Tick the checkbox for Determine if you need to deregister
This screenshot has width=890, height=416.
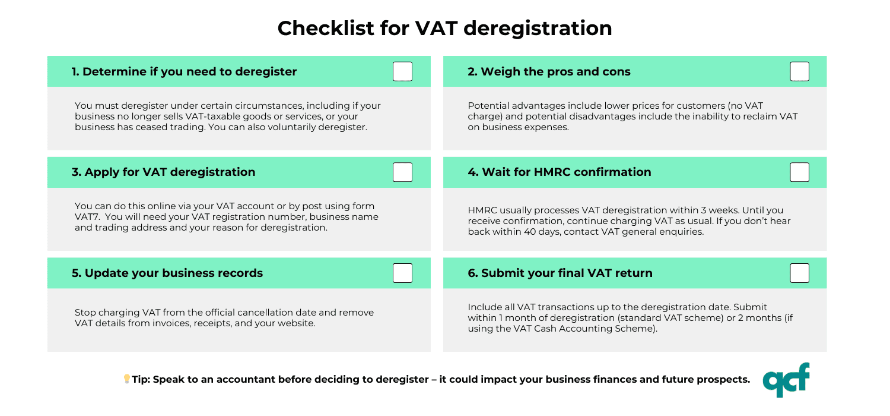point(402,71)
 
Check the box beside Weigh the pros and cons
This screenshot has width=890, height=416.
point(799,71)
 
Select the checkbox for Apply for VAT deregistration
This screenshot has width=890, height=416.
point(402,172)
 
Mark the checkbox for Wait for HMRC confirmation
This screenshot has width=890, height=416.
point(799,172)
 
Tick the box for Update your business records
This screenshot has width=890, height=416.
point(402,273)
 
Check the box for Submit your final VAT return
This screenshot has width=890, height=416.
point(799,273)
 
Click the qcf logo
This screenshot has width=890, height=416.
point(786,380)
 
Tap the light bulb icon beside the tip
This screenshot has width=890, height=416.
point(127,379)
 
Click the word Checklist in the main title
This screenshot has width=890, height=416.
point(326,29)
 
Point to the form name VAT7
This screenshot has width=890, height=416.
point(87,216)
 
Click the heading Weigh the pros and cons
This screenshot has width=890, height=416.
point(549,72)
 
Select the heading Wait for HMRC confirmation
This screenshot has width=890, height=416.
point(560,172)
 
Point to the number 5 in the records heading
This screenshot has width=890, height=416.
point(77,273)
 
